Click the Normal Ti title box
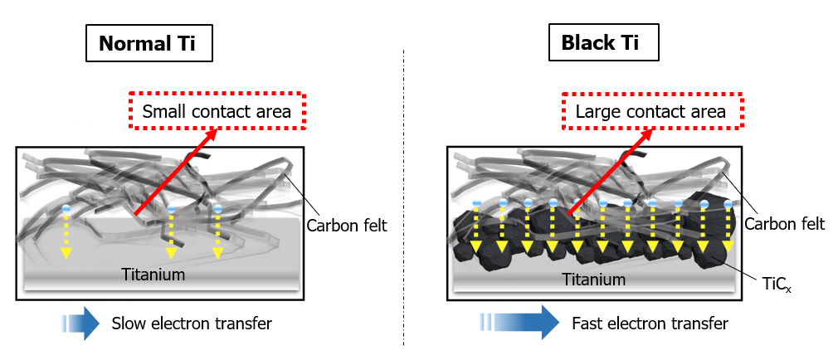149,43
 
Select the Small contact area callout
217,110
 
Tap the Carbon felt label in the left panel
346,225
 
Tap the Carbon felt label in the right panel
784,224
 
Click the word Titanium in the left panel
153,274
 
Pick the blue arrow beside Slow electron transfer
80,324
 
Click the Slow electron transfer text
192,324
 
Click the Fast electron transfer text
650,323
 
